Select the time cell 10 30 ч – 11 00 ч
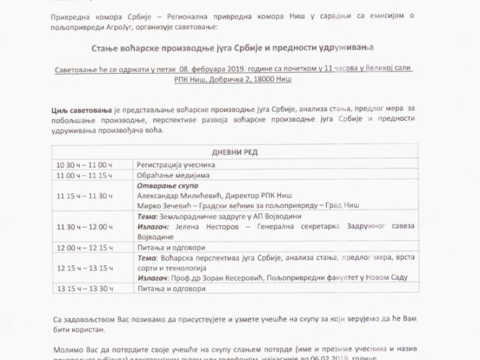(x=85, y=164)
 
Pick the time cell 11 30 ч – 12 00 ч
(x=85, y=226)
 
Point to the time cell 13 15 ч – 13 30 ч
(x=85, y=288)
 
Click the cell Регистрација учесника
(x=176, y=164)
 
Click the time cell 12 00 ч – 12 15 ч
(x=85, y=247)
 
